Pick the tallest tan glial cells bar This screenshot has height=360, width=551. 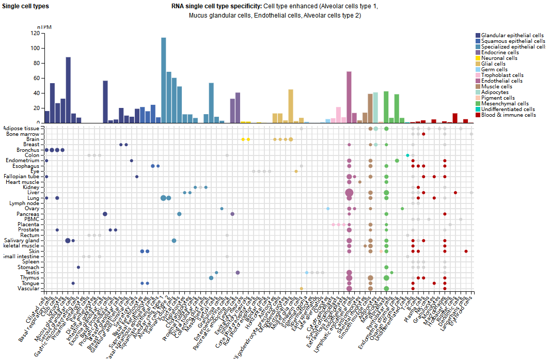(x=291, y=106)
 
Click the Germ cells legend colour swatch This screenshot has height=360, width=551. (x=478, y=70)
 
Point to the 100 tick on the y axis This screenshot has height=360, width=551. (x=36, y=48)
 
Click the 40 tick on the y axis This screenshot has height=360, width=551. (x=37, y=93)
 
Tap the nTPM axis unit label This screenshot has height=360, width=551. (x=44, y=27)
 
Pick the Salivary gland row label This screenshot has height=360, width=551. (x=22, y=241)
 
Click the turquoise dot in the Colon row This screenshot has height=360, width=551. (x=407, y=155)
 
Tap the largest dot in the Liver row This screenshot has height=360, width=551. (x=349, y=193)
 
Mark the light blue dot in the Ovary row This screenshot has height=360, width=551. (x=328, y=209)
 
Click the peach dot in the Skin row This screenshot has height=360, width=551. (x=381, y=252)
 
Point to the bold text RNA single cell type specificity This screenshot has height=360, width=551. (x=217, y=6)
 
